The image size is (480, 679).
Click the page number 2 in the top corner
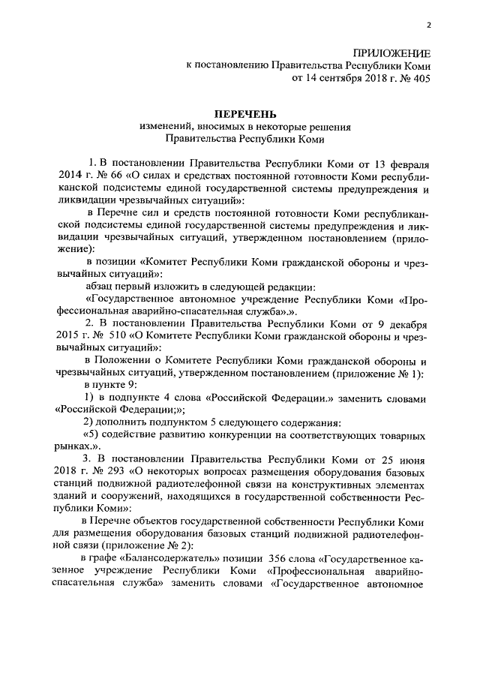pyautogui.click(x=428, y=26)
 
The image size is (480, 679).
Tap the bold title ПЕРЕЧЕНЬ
pyautogui.click(x=241, y=113)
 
